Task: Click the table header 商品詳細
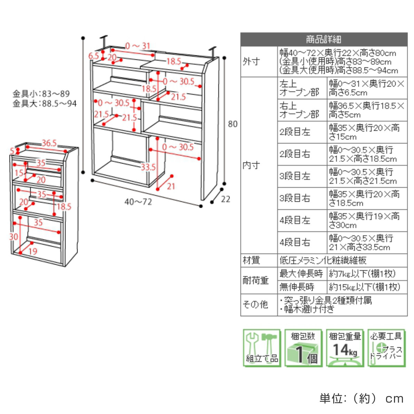(x=324, y=39)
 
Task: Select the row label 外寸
(x=251, y=62)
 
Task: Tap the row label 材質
(x=251, y=260)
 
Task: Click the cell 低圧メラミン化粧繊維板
(x=323, y=260)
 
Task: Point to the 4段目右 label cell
(x=295, y=242)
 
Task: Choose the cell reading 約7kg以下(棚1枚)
(x=362, y=274)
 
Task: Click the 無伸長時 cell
(x=297, y=287)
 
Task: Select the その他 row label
(x=255, y=304)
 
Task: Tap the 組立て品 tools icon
(x=262, y=348)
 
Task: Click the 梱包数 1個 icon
(x=303, y=348)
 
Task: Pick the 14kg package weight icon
(x=345, y=348)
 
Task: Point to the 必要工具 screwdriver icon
(x=386, y=348)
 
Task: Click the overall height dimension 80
(x=233, y=124)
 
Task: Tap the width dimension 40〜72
(x=138, y=201)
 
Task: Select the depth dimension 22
(x=225, y=199)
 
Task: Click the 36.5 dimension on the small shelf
(x=49, y=143)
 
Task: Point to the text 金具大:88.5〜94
(x=45, y=103)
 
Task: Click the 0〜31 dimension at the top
(x=138, y=46)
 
